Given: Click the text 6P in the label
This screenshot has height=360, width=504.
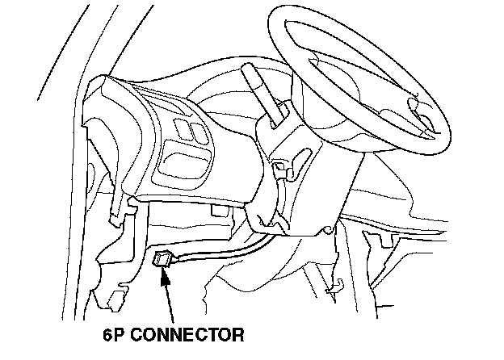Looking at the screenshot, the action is click(116, 333).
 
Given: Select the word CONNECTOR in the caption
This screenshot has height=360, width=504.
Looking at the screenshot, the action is click(187, 333).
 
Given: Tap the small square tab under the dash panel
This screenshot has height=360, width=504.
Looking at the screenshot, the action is click(216, 211).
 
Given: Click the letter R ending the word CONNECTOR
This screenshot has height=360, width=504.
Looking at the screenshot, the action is click(237, 333).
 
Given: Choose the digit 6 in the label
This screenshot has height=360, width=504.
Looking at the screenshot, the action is click(109, 333).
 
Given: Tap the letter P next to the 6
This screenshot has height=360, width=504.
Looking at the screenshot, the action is click(121, 333).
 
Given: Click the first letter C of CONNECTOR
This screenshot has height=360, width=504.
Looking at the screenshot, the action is click(137, 333).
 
